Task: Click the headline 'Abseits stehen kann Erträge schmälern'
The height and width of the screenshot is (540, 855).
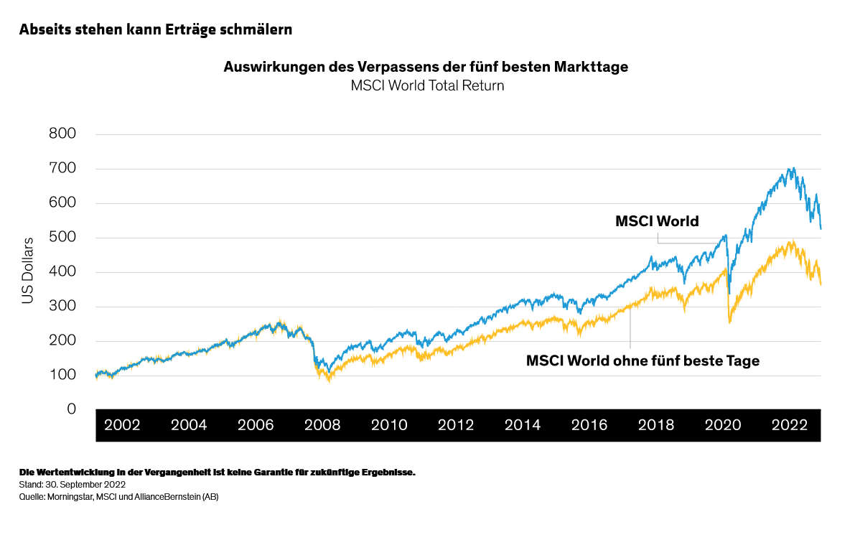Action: tap(155, 30)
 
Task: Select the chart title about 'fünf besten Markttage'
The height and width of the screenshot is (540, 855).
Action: tap(426, 67)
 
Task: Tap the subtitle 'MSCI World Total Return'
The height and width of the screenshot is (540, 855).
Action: tap(427, 85)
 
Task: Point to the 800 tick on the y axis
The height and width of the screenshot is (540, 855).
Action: tap(62, 134)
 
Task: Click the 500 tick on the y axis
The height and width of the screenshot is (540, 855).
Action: tap(62, 238)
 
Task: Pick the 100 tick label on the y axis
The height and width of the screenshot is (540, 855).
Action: tap(62, 376)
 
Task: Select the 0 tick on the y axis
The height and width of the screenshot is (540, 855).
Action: tap(71, 409)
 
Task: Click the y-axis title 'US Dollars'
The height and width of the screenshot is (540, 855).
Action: tap(28, 269)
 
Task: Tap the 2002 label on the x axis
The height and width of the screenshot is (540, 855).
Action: tap(123, 425)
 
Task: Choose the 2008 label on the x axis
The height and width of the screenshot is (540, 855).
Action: tap(322, 425)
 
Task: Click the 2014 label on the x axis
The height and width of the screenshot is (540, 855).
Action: tap(523, 425)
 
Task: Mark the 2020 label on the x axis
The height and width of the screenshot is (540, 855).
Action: tap(722, 425)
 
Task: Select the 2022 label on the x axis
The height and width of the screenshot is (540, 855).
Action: tap(789, 425)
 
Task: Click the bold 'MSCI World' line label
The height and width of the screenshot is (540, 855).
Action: tap(657, 221)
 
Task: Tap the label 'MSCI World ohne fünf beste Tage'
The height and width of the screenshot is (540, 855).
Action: tap(643, 361)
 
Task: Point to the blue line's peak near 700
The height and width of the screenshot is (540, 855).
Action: tap(792, 169)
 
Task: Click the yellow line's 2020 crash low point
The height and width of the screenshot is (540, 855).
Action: tap(729, 323)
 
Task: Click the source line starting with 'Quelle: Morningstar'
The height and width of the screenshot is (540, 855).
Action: tap(118, 496)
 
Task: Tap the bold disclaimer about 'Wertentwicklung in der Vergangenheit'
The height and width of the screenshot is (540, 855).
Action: tap(218, 472)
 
